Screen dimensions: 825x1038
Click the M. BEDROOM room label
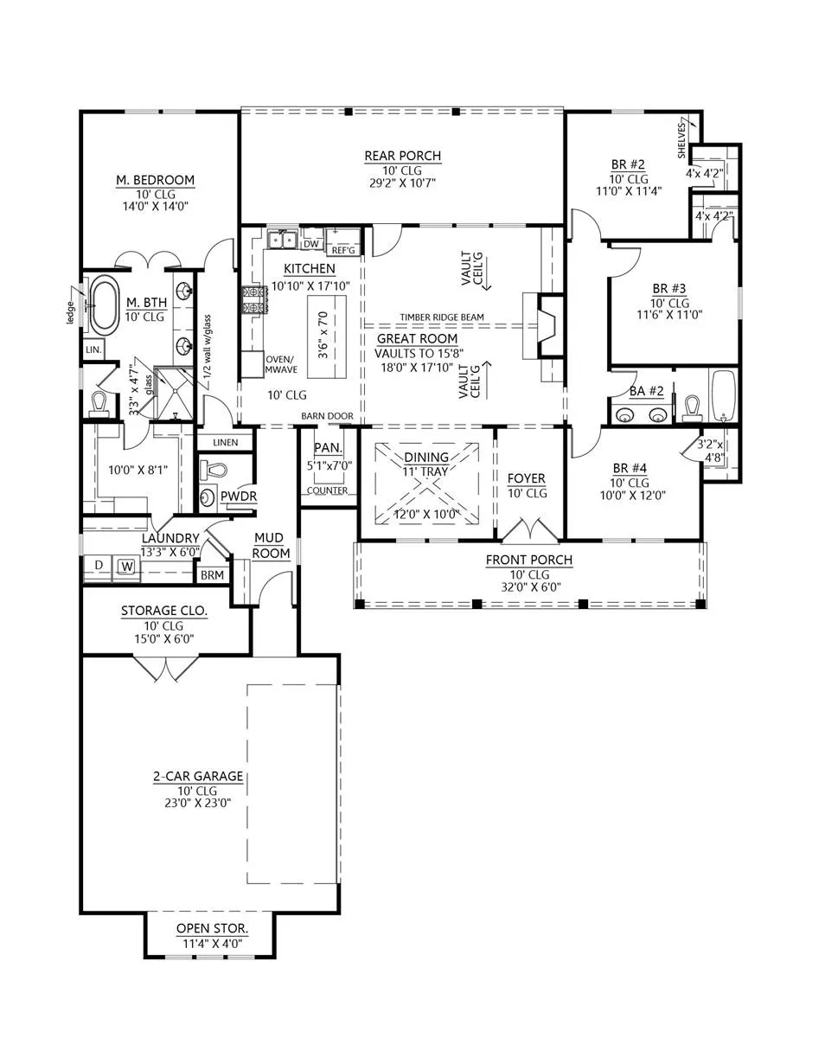pyautogui.click(x=155, y=180)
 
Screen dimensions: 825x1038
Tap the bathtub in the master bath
pyautogui.click(x=106, y=306)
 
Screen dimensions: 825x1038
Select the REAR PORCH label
pyautogui.click(x=403, y=156)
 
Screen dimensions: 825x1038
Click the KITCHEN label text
pyautogui.click(x=309, y=269)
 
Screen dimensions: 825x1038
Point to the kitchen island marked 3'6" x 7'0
pyautogui.click(x=327, y=336)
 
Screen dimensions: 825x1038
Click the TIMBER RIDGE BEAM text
pyautogui.click(x=442, y=317)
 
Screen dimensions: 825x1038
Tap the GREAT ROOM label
pyautogui.click(x=417, y=338)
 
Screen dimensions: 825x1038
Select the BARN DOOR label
pyautogui.click(x=327, y=416)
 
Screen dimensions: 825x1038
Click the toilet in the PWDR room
pyautogui.click(x=213, y=469)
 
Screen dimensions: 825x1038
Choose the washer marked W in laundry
pyautogui.click(x=127, y=567)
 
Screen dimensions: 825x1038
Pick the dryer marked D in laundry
pyautogui.click(x=99, y=566)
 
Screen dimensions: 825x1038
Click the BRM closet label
pyautogui.click(x=212, y=575)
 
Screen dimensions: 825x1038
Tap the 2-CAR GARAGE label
pyautogui.click(x=198, y=776)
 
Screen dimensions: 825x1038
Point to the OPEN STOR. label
pyautogui.click(x=212, y=928)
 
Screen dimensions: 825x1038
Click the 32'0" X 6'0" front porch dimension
pyautogui.click(x=530, y=587)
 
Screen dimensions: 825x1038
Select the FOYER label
pyautogui.click(x=526, y=478)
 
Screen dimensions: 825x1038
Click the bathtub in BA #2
pyautogui.click(x=723, y=396)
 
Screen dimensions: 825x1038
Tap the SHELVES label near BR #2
pyautogui.click(x=681, y=140)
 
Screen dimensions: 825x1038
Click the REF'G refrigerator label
pyautogui.click(x=343, y=250)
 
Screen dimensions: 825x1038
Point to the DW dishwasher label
pyautogui.click(x=311, y=244)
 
